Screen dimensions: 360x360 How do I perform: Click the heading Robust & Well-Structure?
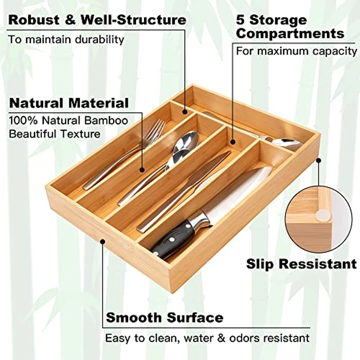tap(97, 21)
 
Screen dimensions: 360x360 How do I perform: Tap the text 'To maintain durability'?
tap(66, 39)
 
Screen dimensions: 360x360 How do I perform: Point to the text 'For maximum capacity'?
tap(296, 51)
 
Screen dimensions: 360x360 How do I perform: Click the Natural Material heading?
tap(69, 103)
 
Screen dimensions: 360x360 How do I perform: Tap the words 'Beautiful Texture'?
tap(55, 134)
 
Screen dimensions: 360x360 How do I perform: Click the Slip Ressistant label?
tap(301, 264)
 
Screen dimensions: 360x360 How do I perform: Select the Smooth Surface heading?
tap(165, 317)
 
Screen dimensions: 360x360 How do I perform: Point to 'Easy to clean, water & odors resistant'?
tap(207, 338)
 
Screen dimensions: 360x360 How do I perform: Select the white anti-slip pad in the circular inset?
tap(323, 215)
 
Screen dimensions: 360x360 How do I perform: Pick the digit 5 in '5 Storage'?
tap(240, 21)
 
